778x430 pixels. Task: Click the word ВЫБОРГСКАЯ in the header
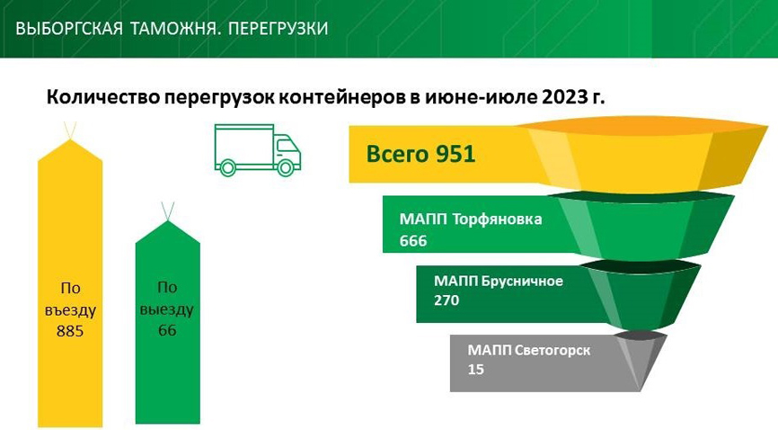click(69, 28)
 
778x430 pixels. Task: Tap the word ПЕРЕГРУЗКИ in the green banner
click(278, 28)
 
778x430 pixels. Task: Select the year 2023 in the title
click(561, 97)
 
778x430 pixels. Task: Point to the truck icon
click(258, 150)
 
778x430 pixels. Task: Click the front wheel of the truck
click(286, 167)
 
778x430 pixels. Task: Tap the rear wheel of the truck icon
click(228, 167)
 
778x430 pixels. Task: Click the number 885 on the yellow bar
click(70, 331)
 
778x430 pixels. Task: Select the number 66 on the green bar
click(167, 330)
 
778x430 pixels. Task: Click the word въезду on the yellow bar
click(70, 310)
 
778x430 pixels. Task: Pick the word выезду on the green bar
click(167, 309)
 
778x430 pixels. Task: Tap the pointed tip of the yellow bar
click(70, 139)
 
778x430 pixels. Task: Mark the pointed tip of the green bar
click(168, 220)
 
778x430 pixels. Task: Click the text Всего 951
click(420, 154)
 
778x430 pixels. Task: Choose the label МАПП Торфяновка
click(471, 219)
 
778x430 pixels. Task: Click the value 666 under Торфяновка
click(413, 241)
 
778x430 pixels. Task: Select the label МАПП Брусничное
click(499, 282)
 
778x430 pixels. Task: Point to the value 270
click(446, 300)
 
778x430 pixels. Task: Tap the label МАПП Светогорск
click(529, 351)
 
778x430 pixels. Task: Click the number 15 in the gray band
click(475, 370)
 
